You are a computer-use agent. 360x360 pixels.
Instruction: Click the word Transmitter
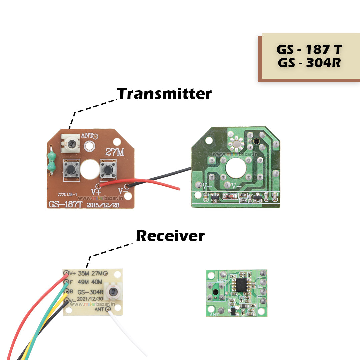(x=165, y=94)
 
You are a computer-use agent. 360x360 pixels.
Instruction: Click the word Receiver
(x=170, y=236)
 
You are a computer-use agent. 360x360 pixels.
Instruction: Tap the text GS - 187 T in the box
(x=309, y=50)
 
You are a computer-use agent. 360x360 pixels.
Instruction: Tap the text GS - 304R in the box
(x=309, y=63)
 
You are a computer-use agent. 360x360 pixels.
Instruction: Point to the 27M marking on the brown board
(x=115, y=152)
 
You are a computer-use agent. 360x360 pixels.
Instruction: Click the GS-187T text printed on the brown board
(x=65, y=204)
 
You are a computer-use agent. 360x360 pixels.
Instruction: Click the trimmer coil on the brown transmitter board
(x=71, y=144)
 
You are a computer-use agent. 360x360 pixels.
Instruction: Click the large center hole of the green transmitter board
(x=236, y=169)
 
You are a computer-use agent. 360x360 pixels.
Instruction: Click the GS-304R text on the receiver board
(x=90, y=292)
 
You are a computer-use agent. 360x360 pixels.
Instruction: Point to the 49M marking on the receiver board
(x=83, y=282)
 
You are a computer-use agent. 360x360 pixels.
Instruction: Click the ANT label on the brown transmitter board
(x=87, y=136)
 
